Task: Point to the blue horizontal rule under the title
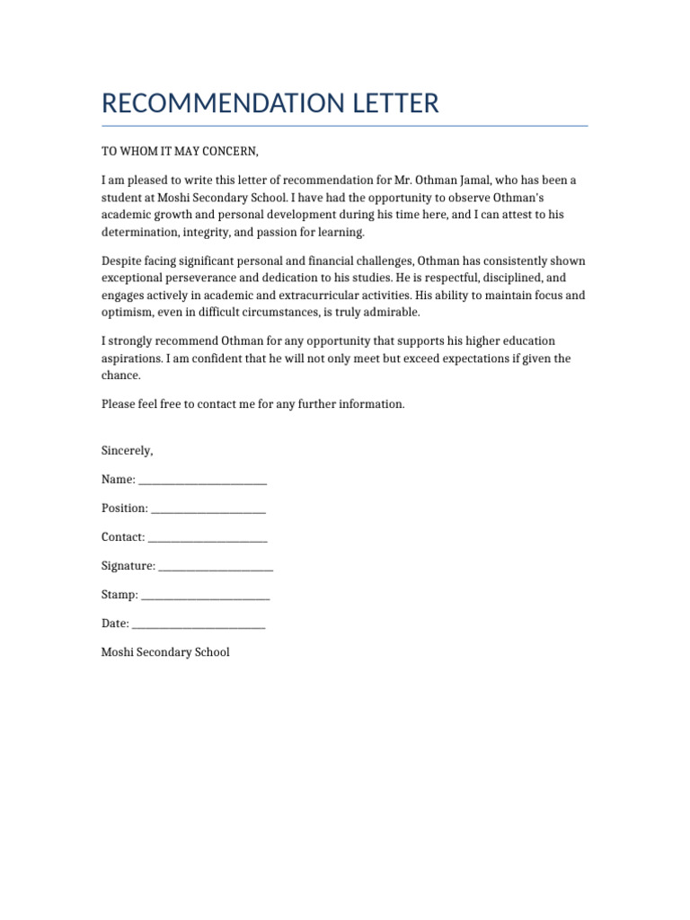click(x=344, y=126)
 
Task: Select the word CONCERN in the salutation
click(x=230, y=151)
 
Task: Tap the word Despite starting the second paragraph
click(x=123, y=261)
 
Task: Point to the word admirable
click(x=389, y=313)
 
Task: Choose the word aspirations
click(x=131, y=358)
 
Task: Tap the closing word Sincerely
click(x=127, y=450)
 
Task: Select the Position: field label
click(x=125, y=509)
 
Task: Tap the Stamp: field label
click(x=119, y=595)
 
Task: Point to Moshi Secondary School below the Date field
click(x=165, y=652)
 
